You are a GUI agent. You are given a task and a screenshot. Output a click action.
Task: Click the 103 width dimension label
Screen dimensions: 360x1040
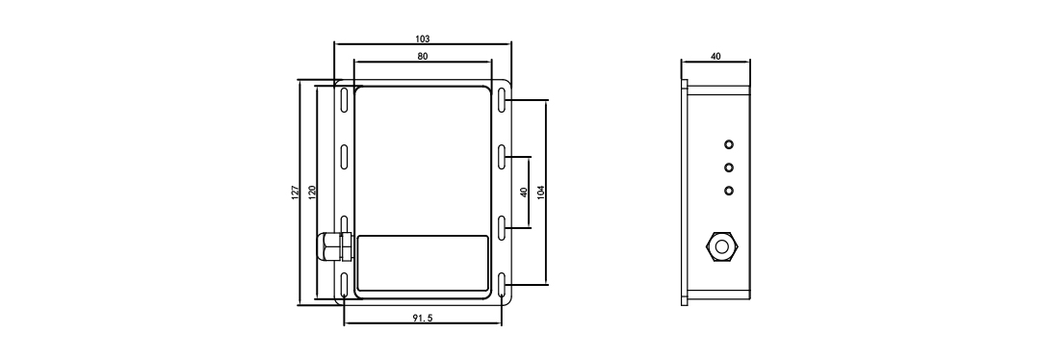[422, 39]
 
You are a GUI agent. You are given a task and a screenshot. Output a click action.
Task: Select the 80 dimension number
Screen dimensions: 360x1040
[422, 58]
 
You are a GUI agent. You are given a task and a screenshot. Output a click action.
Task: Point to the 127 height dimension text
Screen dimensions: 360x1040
[296, 192]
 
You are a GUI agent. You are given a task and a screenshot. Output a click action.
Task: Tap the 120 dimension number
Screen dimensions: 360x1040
[312, 192]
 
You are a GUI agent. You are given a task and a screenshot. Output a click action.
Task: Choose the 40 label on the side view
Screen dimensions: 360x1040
[715, 57]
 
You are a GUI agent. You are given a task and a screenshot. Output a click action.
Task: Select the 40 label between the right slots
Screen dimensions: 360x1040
[523, 192]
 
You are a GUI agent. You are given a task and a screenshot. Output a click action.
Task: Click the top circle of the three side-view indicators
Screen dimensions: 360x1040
[729, 145]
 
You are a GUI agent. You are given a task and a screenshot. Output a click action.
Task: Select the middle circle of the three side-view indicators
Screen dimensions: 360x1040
[729, 167]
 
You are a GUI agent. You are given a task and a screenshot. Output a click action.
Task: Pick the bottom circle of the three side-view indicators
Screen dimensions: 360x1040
[729, 190]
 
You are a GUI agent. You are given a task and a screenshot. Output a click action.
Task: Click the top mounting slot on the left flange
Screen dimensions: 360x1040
[345, 102]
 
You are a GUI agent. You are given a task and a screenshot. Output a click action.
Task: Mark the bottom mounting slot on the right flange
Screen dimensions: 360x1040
[503, 284]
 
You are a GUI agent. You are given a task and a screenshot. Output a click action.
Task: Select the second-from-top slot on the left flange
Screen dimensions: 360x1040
[345, 158]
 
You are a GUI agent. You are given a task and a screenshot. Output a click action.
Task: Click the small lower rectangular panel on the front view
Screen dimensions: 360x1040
[422, 264]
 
